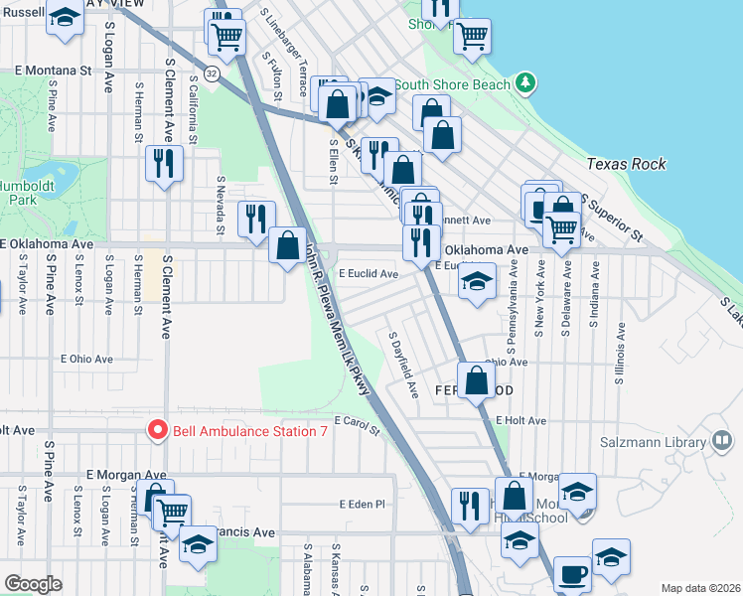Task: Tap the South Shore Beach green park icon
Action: [524, 83]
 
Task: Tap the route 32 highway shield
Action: [212, 74]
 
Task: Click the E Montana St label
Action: [54, 72]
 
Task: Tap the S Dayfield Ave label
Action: [402, 366]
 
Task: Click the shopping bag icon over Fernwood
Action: [476, 378]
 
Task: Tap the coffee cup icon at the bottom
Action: [572, 573]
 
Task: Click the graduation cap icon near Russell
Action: [66, 19]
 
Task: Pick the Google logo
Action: [33, 584]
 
